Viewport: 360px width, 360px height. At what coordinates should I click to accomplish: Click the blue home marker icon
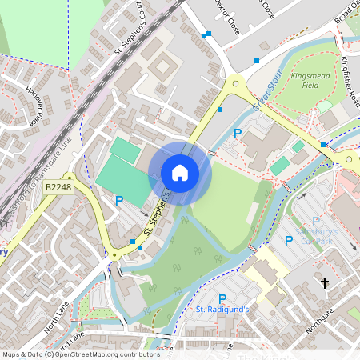[x=180, y=173]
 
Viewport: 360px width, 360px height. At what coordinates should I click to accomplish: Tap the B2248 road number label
[x=58, y=187]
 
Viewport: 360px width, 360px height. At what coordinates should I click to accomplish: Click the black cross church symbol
[x=325, y=283]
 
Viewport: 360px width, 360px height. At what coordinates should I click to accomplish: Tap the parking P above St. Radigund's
[x=222, y=298]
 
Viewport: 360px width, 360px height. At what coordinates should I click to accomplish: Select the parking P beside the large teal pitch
[x=120, y=201]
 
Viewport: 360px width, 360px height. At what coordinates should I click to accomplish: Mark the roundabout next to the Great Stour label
[x=235, y=82]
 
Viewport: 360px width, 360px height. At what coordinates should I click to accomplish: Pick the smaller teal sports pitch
[x=124, y=148]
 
